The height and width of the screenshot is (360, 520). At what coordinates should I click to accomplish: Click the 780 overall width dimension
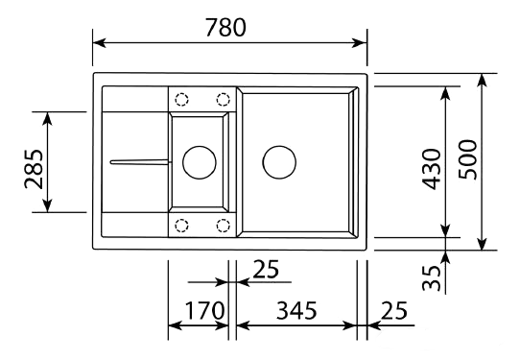(225, 27)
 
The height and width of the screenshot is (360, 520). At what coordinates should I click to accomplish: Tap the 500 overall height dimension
(468, 159)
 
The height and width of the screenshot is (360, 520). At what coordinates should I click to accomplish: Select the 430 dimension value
(432, 169)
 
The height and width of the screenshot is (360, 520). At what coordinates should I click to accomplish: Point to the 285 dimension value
(35, 169)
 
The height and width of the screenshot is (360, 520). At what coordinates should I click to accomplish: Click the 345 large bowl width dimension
(296, 311)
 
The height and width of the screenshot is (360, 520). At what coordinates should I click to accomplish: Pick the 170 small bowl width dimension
(204, 311)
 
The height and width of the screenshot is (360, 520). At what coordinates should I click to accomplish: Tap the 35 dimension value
(432, 278)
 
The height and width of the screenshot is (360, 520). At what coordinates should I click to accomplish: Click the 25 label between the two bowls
(266, 269)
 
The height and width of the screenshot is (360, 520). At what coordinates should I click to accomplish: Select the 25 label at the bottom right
(394, 311)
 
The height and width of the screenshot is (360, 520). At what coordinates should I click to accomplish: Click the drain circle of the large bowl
(279, 146)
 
